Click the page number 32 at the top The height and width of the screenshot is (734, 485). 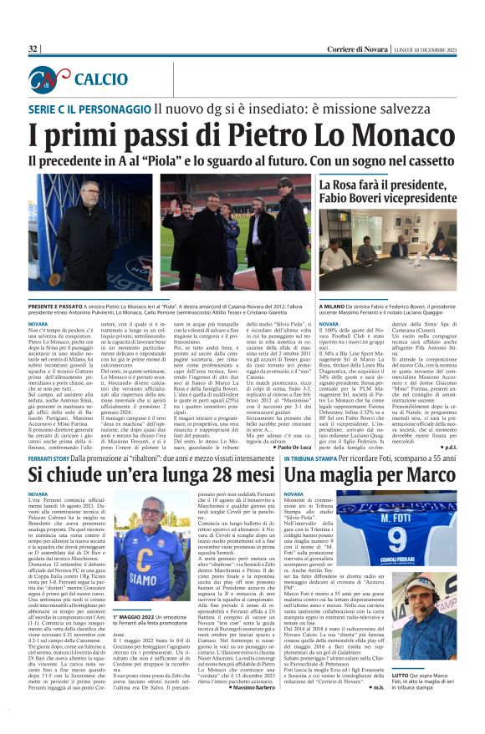(x=33, y=49)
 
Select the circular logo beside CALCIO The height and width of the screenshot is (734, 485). (x=48, y=79)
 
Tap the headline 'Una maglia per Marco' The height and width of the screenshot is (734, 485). (x=393, y=475)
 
